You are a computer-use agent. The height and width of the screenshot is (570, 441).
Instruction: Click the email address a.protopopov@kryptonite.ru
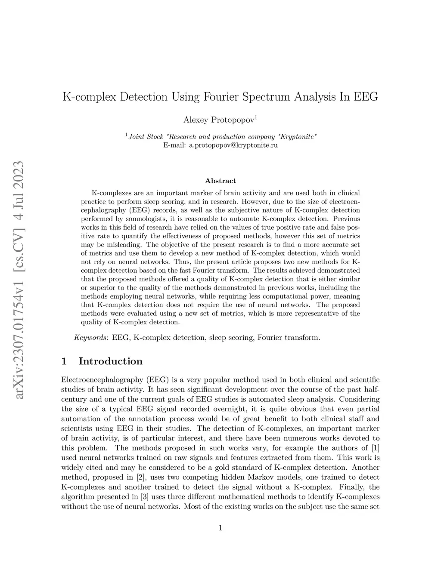pyautogui.click(x=233, y=145)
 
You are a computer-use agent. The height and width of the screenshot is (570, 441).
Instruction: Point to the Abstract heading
pyautogui.click(x=220, y=181)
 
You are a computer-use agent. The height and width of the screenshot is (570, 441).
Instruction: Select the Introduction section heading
pyautogui.click(x=110, y=361)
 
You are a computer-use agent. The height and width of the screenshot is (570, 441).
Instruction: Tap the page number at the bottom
pyautogui.click(x=220, y=528)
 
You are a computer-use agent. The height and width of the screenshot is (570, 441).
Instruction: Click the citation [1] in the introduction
pyautogui.click(x=375, y=448)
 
